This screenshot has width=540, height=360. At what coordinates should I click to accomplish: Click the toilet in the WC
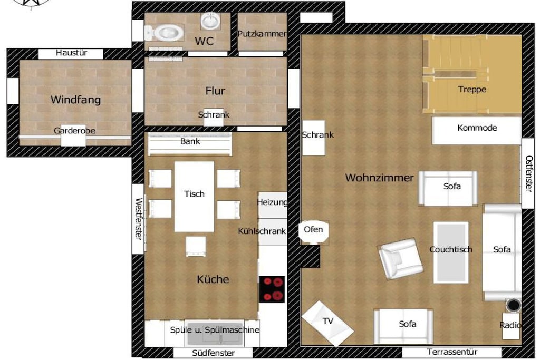pyautogui.click(x=165, y=33)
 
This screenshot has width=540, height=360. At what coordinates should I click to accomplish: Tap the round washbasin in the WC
pyautogui.click(x=210, y=21)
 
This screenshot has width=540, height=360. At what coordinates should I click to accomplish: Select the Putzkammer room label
pyautogui.click(x=262, y=34)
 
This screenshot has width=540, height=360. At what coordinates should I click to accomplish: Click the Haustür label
pyautogui.click(x=71, y=53)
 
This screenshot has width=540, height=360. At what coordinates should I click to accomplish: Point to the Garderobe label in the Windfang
pyautogui.click(x=74, y=130)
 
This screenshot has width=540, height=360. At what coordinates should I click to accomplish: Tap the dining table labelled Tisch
pyautogui.click(x=194, y=197)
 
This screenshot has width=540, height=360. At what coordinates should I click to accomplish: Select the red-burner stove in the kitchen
pyautogui.click(x=272, y=289)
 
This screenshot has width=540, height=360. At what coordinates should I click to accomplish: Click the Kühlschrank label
pyautogui.click(x=262, y=231)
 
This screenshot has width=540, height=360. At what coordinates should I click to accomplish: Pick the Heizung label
pyautogui.click(x=272, y=202)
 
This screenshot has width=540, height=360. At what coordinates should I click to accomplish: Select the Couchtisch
pyautogui.click(x=451, y=252)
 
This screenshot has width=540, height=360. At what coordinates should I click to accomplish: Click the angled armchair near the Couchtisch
pyautogui.click(x=400, y=258)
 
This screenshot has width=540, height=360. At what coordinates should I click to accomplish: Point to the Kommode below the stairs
pyautogui.click(x=477, y=130)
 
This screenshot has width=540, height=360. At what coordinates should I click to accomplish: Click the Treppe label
pyautogui.click(x=472, y=90)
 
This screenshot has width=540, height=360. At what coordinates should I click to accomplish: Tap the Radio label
pyautogui.click(x=510, y=325)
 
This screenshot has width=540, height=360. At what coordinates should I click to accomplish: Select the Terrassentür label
pyautogui.click(x=452, y=352)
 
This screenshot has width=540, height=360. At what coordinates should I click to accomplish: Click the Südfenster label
pyautogui.click(x=213, y=353)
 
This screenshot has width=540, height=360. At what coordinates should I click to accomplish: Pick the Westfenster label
pyautogui.click(x=139, y=219)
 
